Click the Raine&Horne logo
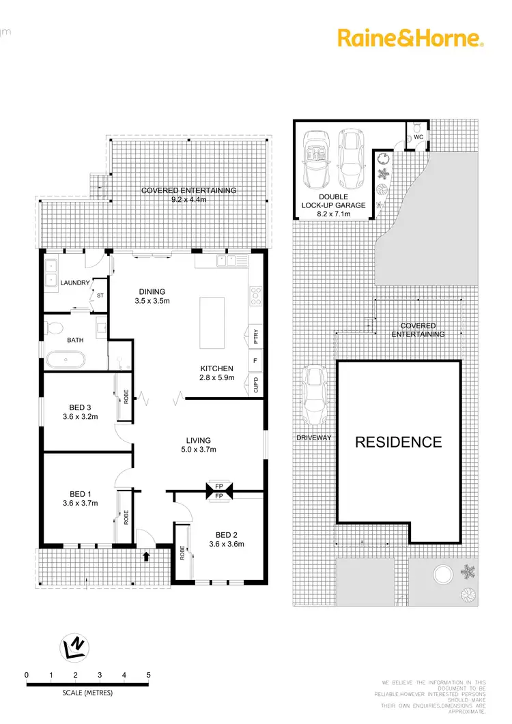pos(410,38)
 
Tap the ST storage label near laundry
pos(100,295)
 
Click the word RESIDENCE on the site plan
pos(398,441)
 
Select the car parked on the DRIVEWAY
pos(315,394)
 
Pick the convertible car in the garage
pos(316,161)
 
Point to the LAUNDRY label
pos(74,283)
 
